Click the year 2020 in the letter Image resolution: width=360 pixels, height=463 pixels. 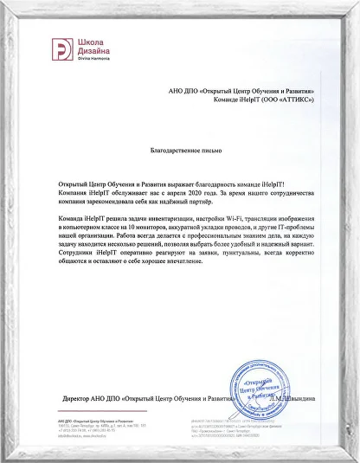pos(201,195)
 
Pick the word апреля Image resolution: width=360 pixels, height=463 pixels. pos(179,195)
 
